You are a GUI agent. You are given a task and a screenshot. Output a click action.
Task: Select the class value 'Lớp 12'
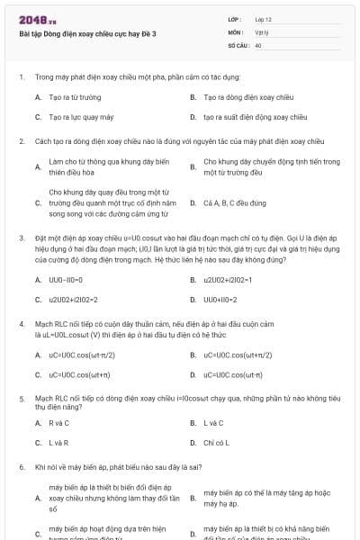(x=263, y=19)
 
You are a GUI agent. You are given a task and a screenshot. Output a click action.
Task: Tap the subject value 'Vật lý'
(x=261, y=31)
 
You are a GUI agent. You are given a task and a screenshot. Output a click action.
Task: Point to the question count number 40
(x=258, y=44)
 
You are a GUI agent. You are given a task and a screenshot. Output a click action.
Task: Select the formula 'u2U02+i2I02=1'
(x=227, y=280)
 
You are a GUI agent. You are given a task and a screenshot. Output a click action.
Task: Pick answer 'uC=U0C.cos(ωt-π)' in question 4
(x=232, y=374)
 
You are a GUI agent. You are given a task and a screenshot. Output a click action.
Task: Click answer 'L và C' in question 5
(x=213, y=423)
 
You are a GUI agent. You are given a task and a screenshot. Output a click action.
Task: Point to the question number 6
(x=22, y=468)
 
